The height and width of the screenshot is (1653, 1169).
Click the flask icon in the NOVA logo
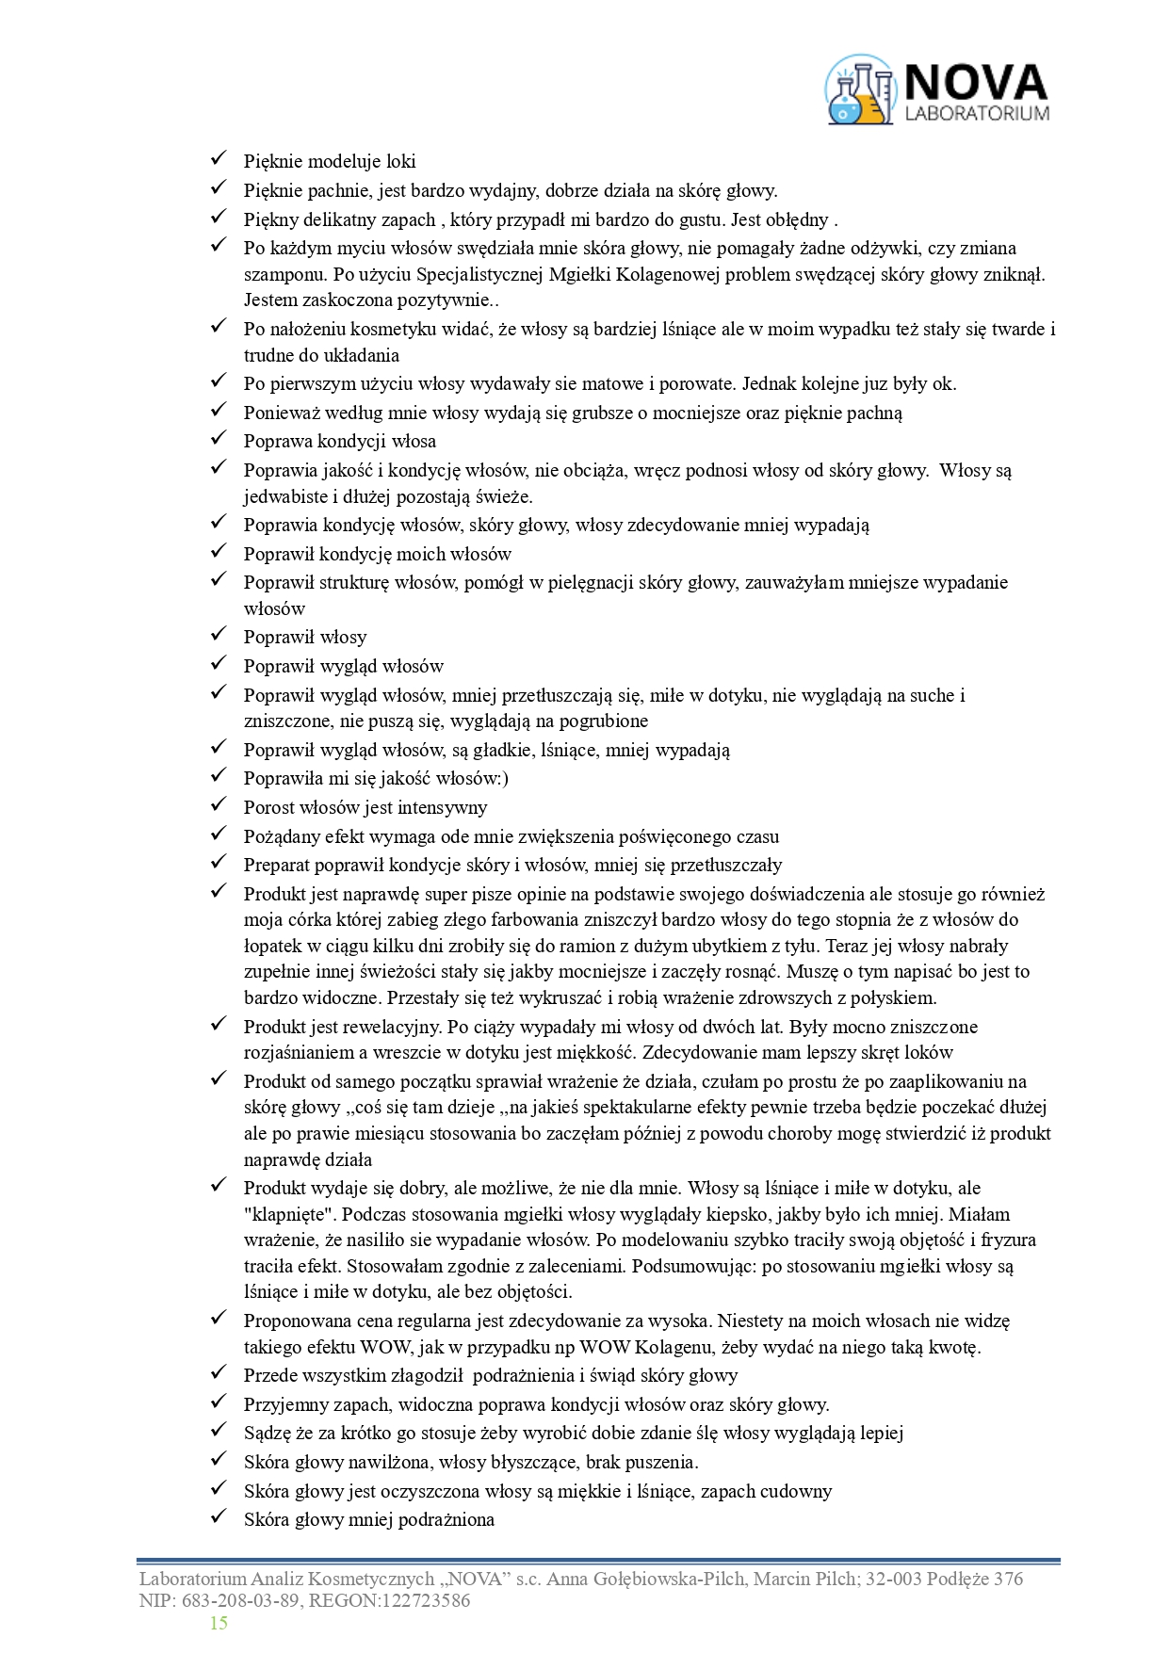point(859,90)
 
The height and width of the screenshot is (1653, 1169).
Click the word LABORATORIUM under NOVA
point(977,113)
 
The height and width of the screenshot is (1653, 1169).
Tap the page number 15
point(219,1623)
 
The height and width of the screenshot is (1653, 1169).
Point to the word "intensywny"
point(443,807)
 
